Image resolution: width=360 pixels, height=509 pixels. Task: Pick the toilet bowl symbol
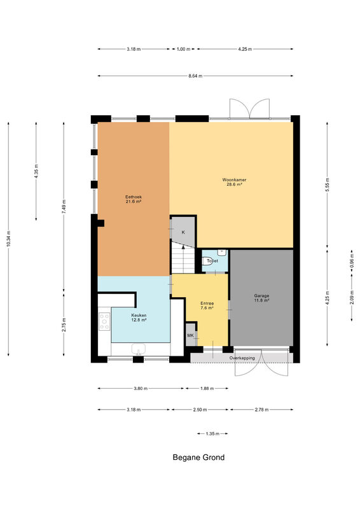tap(207, 261)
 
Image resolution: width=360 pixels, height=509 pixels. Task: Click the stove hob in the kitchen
tap(104, 321)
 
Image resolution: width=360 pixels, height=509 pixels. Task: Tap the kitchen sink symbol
tap(139, 349)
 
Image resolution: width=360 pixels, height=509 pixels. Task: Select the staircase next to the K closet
tap(183, 258)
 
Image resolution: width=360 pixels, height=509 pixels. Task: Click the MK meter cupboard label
tap(191, 335)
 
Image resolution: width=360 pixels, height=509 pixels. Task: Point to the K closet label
tap(183, 232)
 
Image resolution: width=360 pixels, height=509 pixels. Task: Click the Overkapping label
tap(242, 358)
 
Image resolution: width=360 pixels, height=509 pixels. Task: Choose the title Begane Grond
tap(198, 457)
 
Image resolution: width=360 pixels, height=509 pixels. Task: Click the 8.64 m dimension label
tap(195, 76)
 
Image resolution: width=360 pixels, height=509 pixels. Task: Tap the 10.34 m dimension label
tap(8, 239)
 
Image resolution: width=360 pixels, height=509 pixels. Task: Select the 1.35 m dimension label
tap(212, 434)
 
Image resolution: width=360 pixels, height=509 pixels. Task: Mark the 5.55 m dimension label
tap(327, 185)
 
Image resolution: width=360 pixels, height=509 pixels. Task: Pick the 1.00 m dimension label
tap(183, 50)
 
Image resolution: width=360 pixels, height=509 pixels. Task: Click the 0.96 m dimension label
tap(352, 263)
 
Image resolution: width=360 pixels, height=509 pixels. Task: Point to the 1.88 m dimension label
tap(207, 389)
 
